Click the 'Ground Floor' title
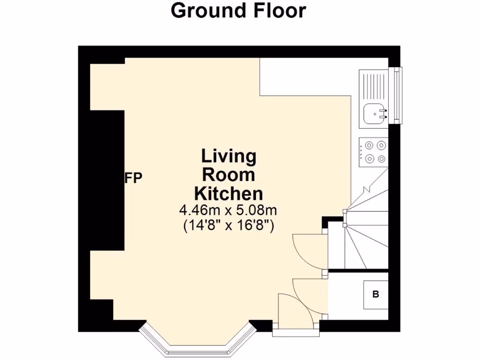[x=238, y=10]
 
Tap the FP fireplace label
[x=133, y=178]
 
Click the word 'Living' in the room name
[x=229, y=156]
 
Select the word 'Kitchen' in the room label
[x=229, y=193]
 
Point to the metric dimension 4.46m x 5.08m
[x=228, y=210]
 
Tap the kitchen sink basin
[x=375, y=113]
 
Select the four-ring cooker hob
[x=374, y=152]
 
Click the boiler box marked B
[x=375, y=295]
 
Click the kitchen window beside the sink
[x=398, y=96]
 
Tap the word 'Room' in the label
[x=229, y=175]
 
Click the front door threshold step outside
[x=296, y=333]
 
